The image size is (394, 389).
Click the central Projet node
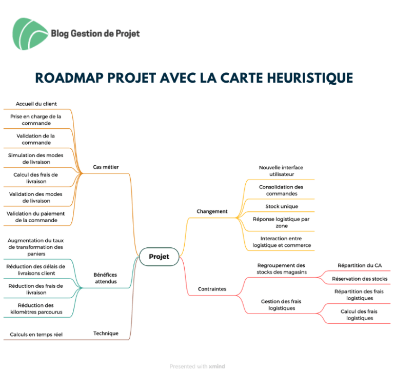click(x=159, y=257)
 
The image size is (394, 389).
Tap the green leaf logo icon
click(x=30, y=34)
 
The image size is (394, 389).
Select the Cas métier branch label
click(x=106, y=167)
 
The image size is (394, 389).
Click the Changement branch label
click(x=212, y=211)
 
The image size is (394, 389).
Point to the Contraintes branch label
click(x=212, y=289)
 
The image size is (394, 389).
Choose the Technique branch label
click(x=106, y=334)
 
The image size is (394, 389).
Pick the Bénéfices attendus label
click(x=106, y=278)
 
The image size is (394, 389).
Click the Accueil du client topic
click(x=36, y=104)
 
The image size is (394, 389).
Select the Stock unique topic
click(x=282, y=206)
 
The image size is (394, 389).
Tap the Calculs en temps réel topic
click(x=36, y=335)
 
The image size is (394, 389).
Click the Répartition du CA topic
click(x=360, y=265)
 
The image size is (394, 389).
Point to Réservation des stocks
click(x=360, y=279)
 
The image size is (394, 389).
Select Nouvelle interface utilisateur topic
click(x=282, y=171)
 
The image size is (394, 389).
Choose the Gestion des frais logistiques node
click(x=281, y=305)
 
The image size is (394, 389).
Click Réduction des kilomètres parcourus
click(x=36, y=308)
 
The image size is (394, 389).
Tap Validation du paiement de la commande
click(x=36, y=217)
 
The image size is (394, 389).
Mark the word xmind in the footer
click(x=217, y=366)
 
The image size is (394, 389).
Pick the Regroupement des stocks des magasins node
click(x=281, y=268)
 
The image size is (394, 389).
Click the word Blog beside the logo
click(x=60, y=34)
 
